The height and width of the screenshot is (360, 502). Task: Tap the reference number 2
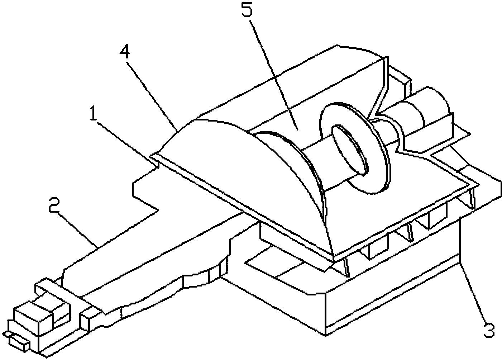pos(54,204)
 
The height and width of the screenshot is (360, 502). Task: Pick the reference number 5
pos(247,9)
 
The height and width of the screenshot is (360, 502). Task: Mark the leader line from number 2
pos(76,230)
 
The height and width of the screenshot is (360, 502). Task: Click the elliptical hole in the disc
pos(350,150)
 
